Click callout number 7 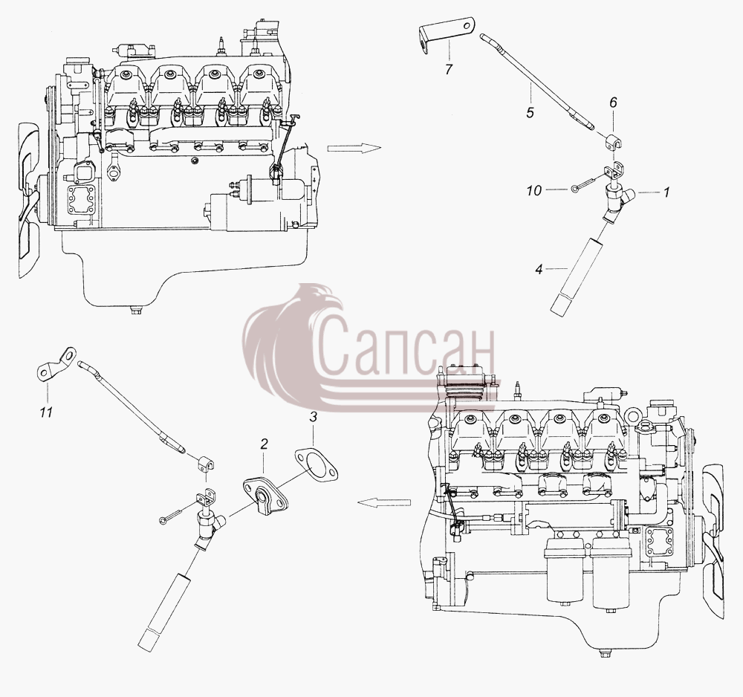(x=449, y=70)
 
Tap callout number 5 (x=530, y=113)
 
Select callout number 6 (x=613, y=103)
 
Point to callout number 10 (x=533, y=190)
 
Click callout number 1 (x=666, y=192)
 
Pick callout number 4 (x=538, y=270)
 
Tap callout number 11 (x=45, y=412)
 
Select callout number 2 (x=264, y=444)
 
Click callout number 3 (x=313, y=418)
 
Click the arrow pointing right (x=354, y=149)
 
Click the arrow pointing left (x=384, y=503)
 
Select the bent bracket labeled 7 (x=446, y=31)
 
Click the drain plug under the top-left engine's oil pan (x=136, y=311)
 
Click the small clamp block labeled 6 (x=614, y=142)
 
